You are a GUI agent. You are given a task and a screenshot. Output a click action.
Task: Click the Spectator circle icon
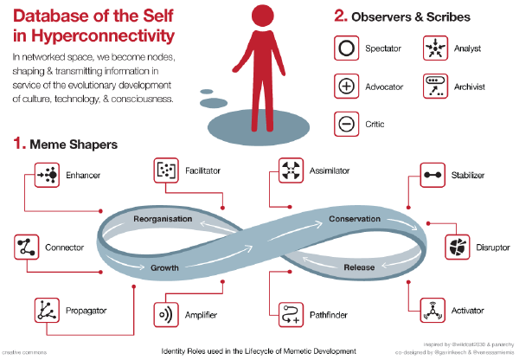pos(346,48)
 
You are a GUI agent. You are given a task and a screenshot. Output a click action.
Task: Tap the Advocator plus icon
pos(346,86)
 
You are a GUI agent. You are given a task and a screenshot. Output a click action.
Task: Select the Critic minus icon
pos(346,123)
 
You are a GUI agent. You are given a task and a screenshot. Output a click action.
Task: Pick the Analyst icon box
pos(433,48)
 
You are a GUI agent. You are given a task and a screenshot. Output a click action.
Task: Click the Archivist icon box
pos(433,86)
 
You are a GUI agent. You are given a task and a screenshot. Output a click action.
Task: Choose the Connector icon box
pos(27,247)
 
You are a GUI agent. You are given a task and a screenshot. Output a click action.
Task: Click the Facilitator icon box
pos(165,170)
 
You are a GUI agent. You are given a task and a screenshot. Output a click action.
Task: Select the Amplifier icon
pos(165,312)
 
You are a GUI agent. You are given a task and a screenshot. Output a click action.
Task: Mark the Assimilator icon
pos(290,170)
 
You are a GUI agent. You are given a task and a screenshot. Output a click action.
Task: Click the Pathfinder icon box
pos(290,312)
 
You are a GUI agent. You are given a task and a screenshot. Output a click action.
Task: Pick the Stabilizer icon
pos(432,174)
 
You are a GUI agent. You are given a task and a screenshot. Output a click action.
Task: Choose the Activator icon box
pos(432,308)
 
